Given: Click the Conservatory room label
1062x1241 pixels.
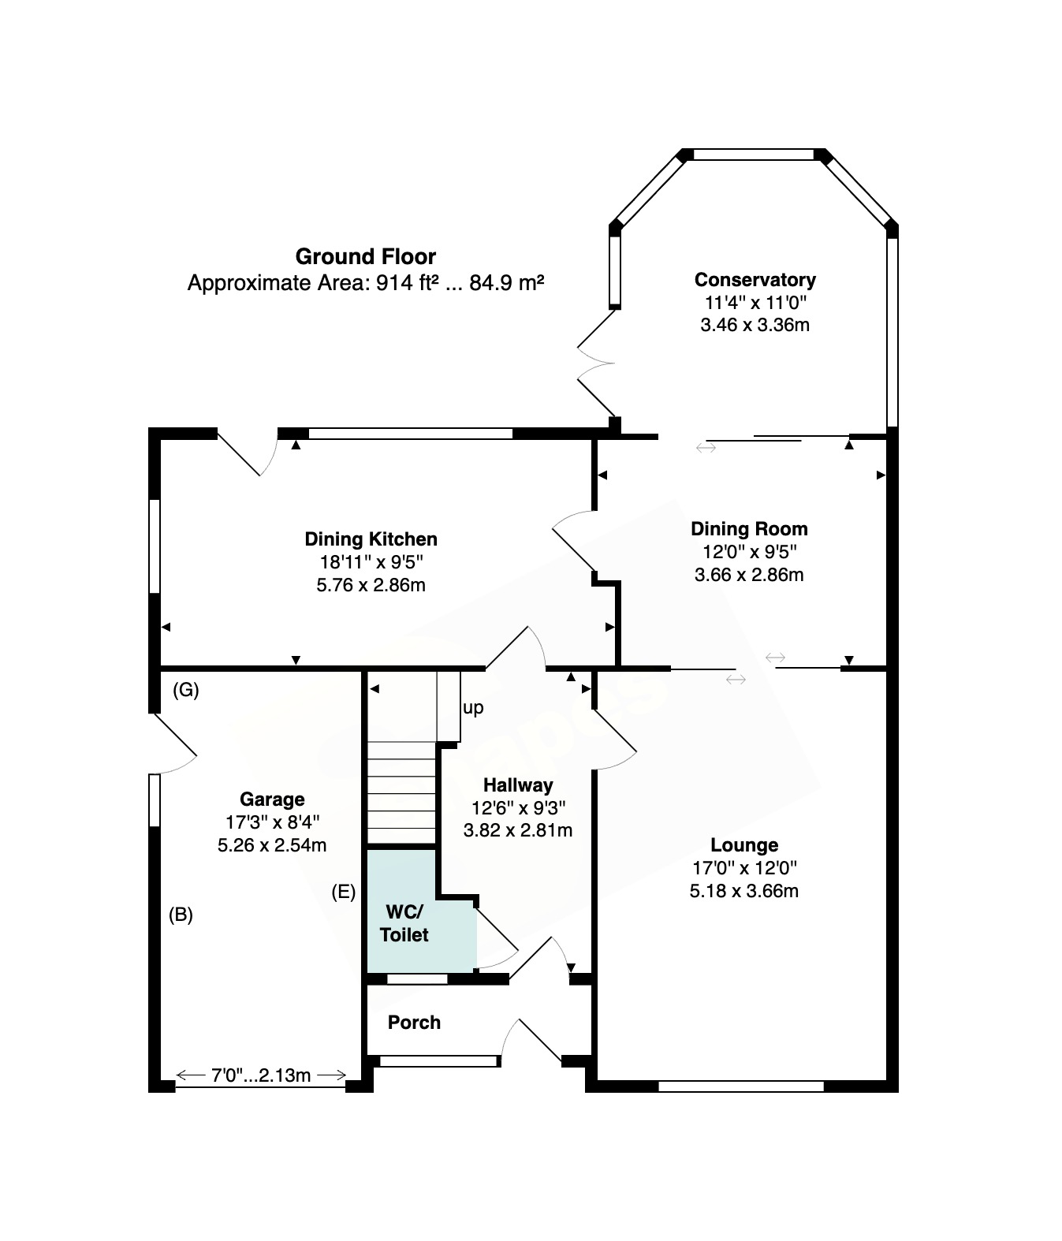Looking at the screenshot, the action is click(x=755, y=280).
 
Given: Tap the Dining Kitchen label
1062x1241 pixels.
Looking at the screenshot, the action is click(x=371, y=539).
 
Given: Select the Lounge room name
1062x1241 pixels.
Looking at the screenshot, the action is click(x=744, y=844).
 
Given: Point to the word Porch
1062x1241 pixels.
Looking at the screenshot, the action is click(x=414, y=1022).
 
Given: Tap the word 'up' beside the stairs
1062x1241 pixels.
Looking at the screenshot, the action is click(x=473, y=709).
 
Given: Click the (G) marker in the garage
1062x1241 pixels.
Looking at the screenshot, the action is click(x=185, y=690).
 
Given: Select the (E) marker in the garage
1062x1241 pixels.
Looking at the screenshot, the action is click(x=344, y=892).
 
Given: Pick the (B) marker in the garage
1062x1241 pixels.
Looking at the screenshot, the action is click(x=181, y=915).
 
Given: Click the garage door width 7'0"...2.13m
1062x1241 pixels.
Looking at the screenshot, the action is click(x=261, y=1075).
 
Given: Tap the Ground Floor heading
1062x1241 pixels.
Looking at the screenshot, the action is click(x=366, y=256).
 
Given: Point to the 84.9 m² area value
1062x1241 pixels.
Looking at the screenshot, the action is click(x=507, y=282).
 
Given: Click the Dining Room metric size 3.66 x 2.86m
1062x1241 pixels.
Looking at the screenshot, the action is click(x=749, y=575).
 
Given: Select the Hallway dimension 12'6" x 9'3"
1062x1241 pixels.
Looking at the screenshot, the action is click(x=518, y=807).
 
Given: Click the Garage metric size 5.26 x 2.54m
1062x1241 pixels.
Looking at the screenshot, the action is click(x=272, y=844).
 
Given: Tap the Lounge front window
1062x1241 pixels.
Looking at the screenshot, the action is click(x=741, y=1086).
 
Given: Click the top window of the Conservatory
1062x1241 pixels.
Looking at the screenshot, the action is click(x=754, y=155).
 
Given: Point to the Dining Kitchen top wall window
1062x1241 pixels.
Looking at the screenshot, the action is click(x=411, y=434).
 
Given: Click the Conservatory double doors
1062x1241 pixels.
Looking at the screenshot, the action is click(x=596, y=363).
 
